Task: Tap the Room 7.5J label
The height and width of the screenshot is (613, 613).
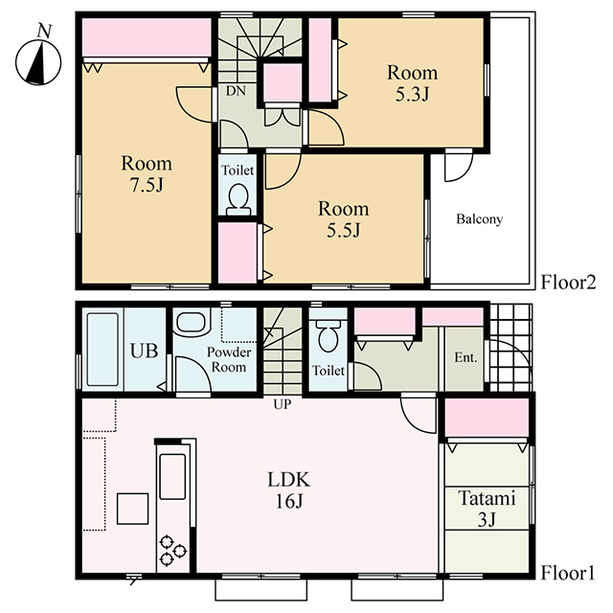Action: [x=147, y=174]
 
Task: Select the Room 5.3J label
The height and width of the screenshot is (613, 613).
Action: [x=413, y=83]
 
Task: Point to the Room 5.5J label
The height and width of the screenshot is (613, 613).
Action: [x=343, y=219]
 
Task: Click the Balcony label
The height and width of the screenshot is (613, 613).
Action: [x=479, y=219]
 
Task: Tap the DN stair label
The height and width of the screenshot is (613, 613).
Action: [x=236, y=91]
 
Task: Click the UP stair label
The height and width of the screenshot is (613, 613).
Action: [x=283, y=404]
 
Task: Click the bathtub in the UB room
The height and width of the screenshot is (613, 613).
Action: [x=102, y=350]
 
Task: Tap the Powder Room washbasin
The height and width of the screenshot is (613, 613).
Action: [x=193, y=322]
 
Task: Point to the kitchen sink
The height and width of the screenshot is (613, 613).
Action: [x=172, y=477]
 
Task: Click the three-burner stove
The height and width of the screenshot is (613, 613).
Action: [x=172, y=550]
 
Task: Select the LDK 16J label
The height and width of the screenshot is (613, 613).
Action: [x=289, y=490]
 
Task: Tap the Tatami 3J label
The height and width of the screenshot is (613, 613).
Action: [x=487, y=509]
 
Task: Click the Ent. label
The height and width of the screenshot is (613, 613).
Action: [x=466, y=357]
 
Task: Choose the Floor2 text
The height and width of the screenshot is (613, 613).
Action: [x=568, y=283]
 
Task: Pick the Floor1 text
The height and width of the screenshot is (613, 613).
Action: [x=568, y=574]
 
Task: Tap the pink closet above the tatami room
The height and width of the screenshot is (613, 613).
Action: [x=488, y=418]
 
